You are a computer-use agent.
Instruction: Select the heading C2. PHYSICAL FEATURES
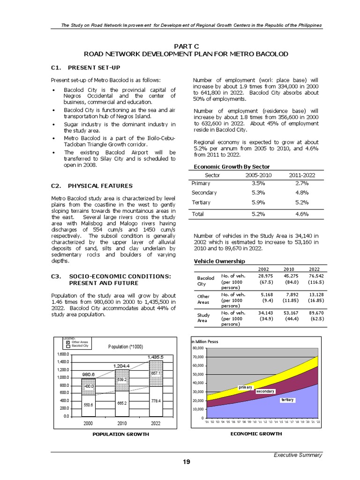[91, 186]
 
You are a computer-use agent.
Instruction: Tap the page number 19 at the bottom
[187, 462]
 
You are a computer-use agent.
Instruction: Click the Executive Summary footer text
[298, 455]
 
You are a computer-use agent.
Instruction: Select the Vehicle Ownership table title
[219, 261]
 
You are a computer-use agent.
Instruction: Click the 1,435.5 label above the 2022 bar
[155, 357]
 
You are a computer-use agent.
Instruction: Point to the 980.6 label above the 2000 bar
[89, 375]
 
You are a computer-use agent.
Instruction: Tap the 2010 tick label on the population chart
[122, 423]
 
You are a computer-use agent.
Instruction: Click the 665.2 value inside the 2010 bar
[122, 403]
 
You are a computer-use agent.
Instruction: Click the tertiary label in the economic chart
[287, 400]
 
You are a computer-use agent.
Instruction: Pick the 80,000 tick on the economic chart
[198, 348]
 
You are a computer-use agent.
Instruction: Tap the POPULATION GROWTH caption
[120, 434]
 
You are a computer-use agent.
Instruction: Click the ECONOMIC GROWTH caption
[256, 434]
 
